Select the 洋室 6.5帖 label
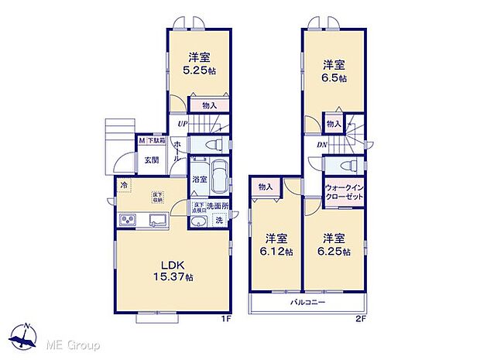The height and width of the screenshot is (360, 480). pyautogui.click(x=334, y=71)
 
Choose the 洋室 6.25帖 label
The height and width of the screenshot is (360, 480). pyautogui.click(x=334, y=245)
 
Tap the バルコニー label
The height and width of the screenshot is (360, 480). pyautogui.click(x=308, y=302)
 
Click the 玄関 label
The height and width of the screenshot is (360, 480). pyautogui.click(x=150, y=160)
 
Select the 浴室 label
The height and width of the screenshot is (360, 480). pyautogui.click(x=199, y=179)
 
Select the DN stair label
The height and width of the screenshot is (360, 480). pyautogui.click(x=320, y=144)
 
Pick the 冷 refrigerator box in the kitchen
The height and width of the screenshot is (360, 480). pyautogui.click(x=125, y=186)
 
